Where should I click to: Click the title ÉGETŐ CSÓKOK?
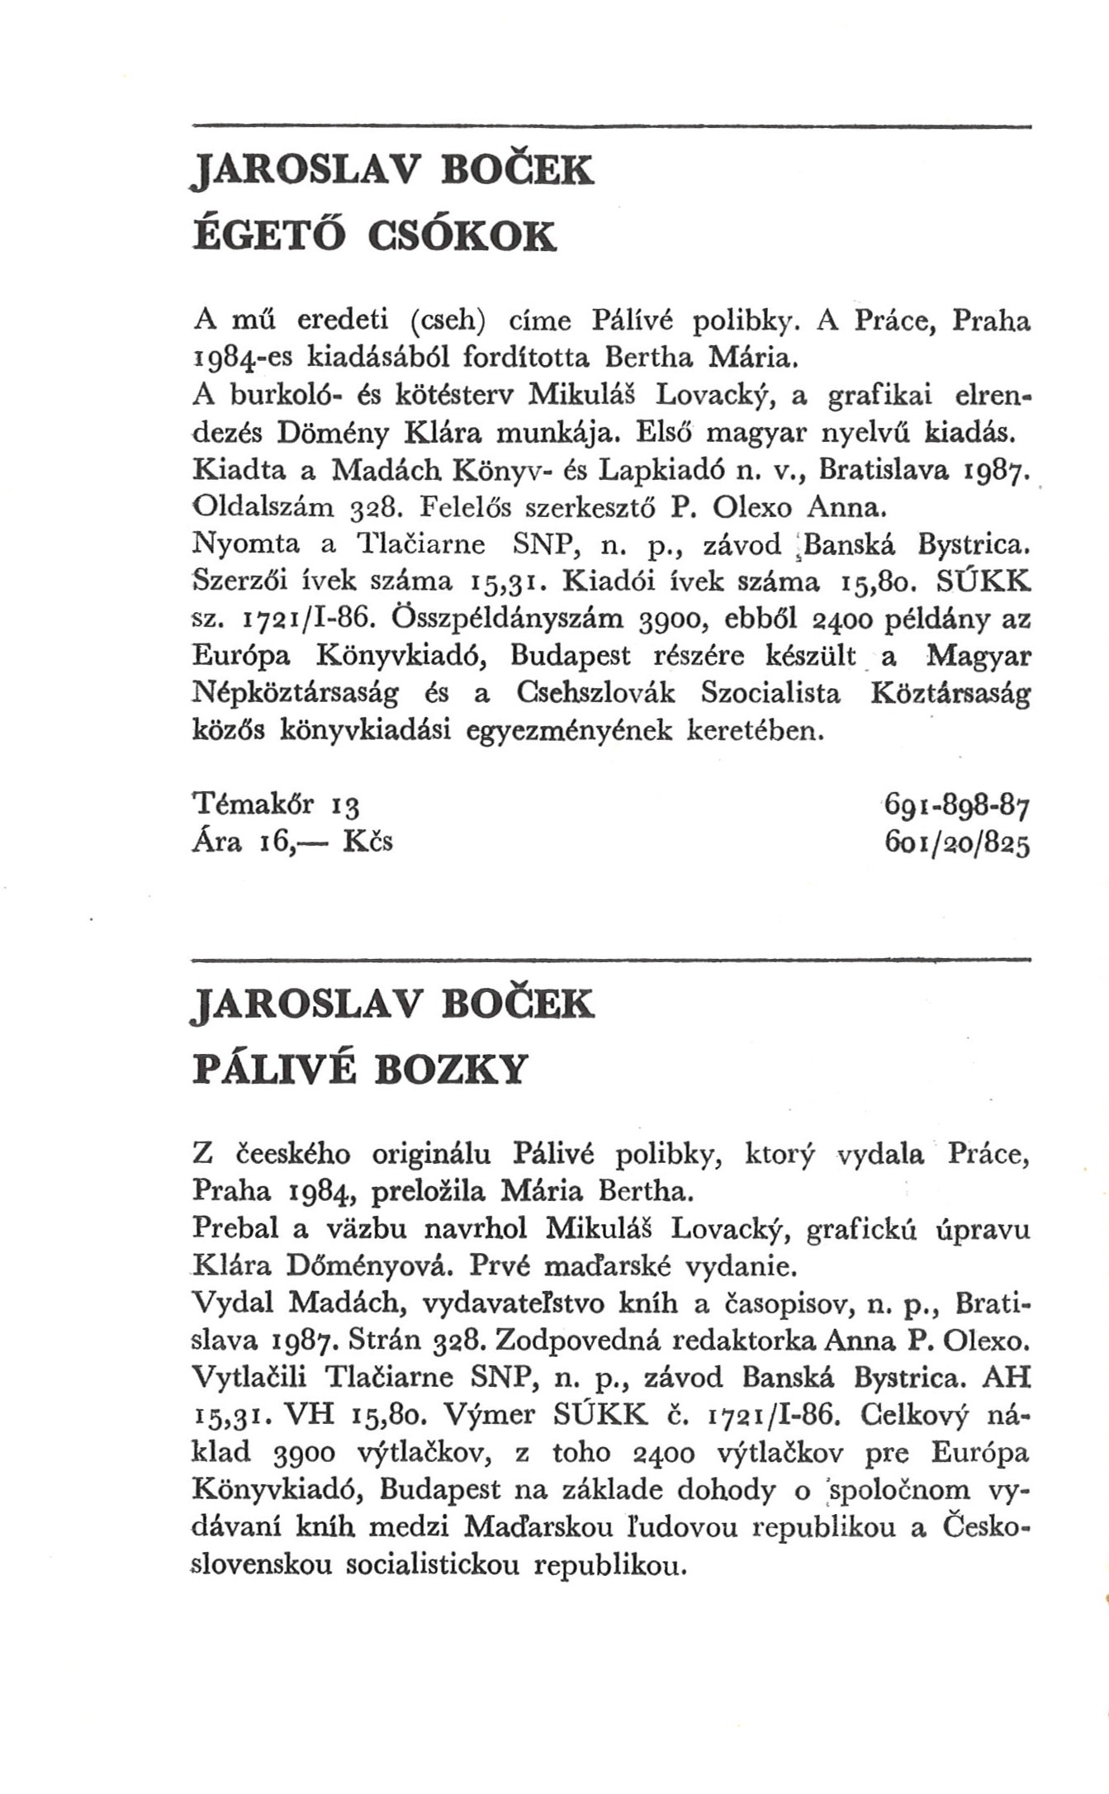pyautogui.click(x=374, y=236)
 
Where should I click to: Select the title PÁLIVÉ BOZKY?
pyautogui.click(x=358, y=1070)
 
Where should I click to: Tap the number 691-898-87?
pyautogui.click(x=956, y=804)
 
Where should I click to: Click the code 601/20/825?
pyautogui.click(x=956, y=842)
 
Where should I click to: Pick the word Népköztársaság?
pyautogui.click(x=295, y=694)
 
